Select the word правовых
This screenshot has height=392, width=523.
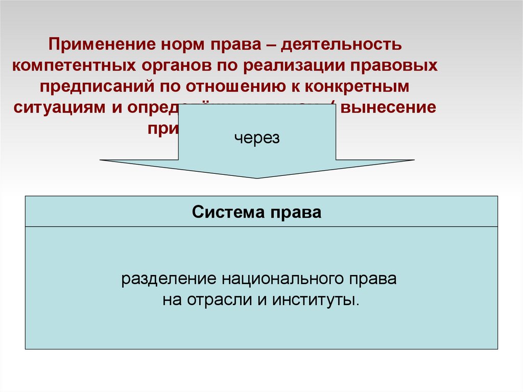click(400, 65)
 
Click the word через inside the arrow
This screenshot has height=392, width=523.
click(257, 138)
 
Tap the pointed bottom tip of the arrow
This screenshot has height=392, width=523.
click(257, 177)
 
